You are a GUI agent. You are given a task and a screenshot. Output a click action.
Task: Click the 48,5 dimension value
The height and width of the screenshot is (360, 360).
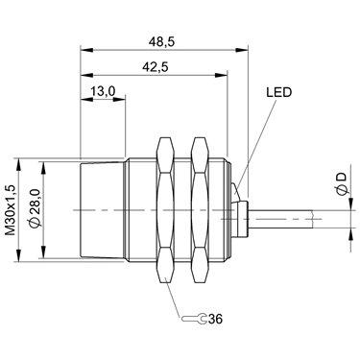[162, 42]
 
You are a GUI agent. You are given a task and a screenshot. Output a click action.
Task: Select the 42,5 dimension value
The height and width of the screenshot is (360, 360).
[156, 67]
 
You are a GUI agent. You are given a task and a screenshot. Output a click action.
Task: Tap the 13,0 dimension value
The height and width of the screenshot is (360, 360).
[103, 92]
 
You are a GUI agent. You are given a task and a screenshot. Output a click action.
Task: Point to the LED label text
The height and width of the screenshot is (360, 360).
[279, 92]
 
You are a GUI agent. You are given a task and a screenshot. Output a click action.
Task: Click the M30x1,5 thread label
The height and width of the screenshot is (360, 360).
[12, 210]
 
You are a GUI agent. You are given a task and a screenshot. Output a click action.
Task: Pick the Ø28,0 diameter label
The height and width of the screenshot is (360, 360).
[35, 208]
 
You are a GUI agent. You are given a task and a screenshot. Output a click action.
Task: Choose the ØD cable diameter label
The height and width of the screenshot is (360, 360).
[342, 183]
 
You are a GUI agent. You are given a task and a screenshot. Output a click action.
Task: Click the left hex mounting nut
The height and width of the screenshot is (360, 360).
[165, 210]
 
